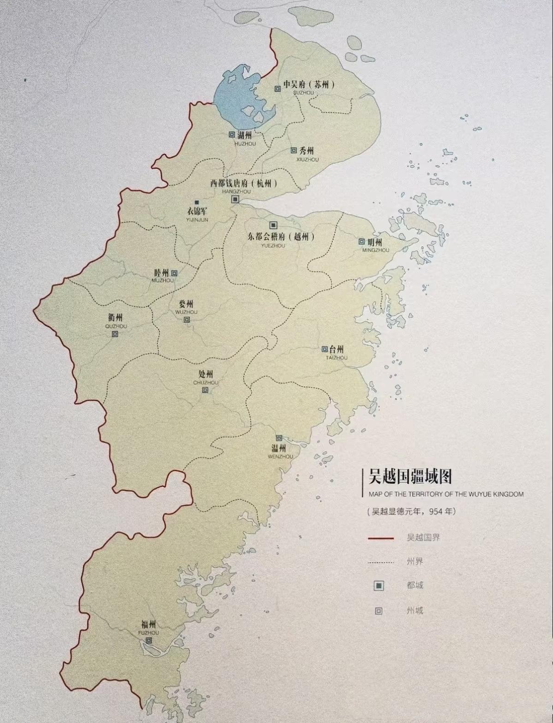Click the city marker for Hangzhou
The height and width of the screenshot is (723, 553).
pyautogui.click(x=235, y=199)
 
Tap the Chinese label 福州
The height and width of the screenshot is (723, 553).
pyautogui.click(x=149, y=625)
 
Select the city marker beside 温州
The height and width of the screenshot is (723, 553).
pyautogui.click(x=279, y=438)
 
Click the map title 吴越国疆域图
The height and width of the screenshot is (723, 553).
pyautogui.click(x=410, y=477)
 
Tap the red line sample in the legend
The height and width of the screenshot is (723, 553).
pyautogui.click(x=381, y=538)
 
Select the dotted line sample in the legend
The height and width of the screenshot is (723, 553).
pyautogui.click(x=381, y=562)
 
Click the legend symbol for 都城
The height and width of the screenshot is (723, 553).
pyautogui.click(x=378, y=586)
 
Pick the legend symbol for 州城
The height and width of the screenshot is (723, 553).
pyautogui.click(x=378, y=611)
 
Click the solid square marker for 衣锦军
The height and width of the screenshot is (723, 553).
pyautogui.click(x=197, y=202)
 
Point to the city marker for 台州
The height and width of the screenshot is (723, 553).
pyautogui.click(x=324, y=349)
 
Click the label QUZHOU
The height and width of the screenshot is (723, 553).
pyautogui.click(x=116, y=326)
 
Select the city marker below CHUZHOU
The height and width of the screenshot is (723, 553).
pyautogui.click(x=205, y=391)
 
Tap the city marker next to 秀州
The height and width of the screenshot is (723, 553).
pyautogui.click(x=293, y=150)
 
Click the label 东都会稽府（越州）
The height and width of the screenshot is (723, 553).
pyautogui.click(x=281, y=237)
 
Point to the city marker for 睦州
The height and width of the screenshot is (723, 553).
pyautogui.click(x=174, y=273)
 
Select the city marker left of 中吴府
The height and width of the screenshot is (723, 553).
pyautogui.click(x=277, y=89)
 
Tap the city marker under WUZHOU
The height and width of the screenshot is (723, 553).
pyautogui.click(x=187, y=320)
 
